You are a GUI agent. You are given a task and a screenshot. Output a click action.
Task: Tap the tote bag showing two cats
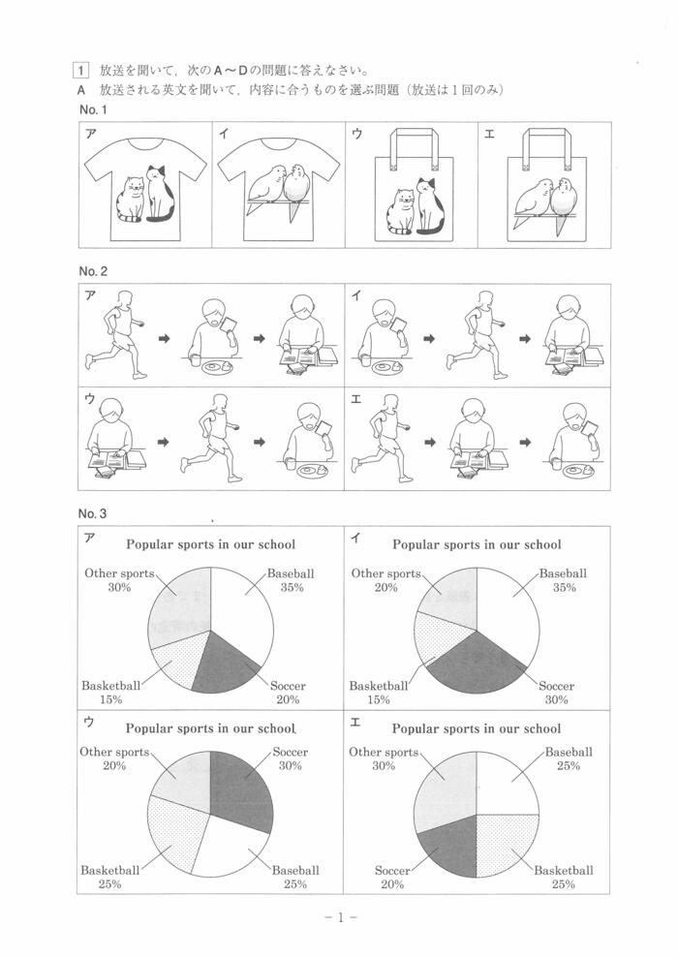412,193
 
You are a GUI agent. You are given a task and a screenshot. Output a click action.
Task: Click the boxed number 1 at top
80,70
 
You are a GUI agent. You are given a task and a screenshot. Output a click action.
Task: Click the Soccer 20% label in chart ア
287,693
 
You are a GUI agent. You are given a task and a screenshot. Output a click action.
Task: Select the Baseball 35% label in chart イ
563,580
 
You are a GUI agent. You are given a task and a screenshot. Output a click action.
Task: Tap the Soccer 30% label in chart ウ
291,759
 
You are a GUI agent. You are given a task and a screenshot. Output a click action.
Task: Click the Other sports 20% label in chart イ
386,580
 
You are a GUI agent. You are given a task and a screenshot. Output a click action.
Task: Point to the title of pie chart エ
476,728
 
